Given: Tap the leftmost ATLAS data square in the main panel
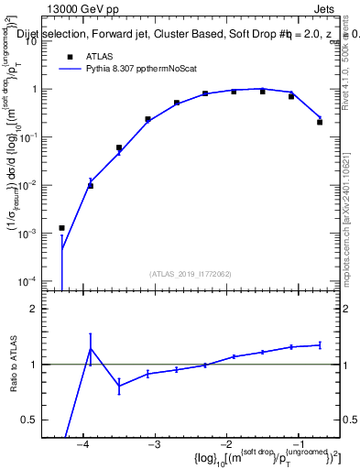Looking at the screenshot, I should (62, 228).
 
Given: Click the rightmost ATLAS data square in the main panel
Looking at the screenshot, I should (320, 122).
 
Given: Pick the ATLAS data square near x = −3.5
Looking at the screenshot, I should (119, 147).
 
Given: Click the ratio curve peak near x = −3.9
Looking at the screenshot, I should (91, 347).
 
